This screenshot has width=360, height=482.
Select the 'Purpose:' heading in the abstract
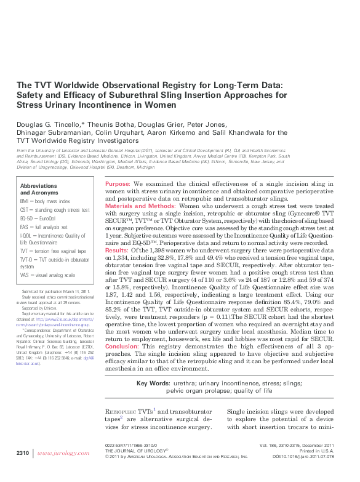[x=117, y=184]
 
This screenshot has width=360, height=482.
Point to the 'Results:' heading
[x=117, y=251]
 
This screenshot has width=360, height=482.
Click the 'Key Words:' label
[x=153, y=384]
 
